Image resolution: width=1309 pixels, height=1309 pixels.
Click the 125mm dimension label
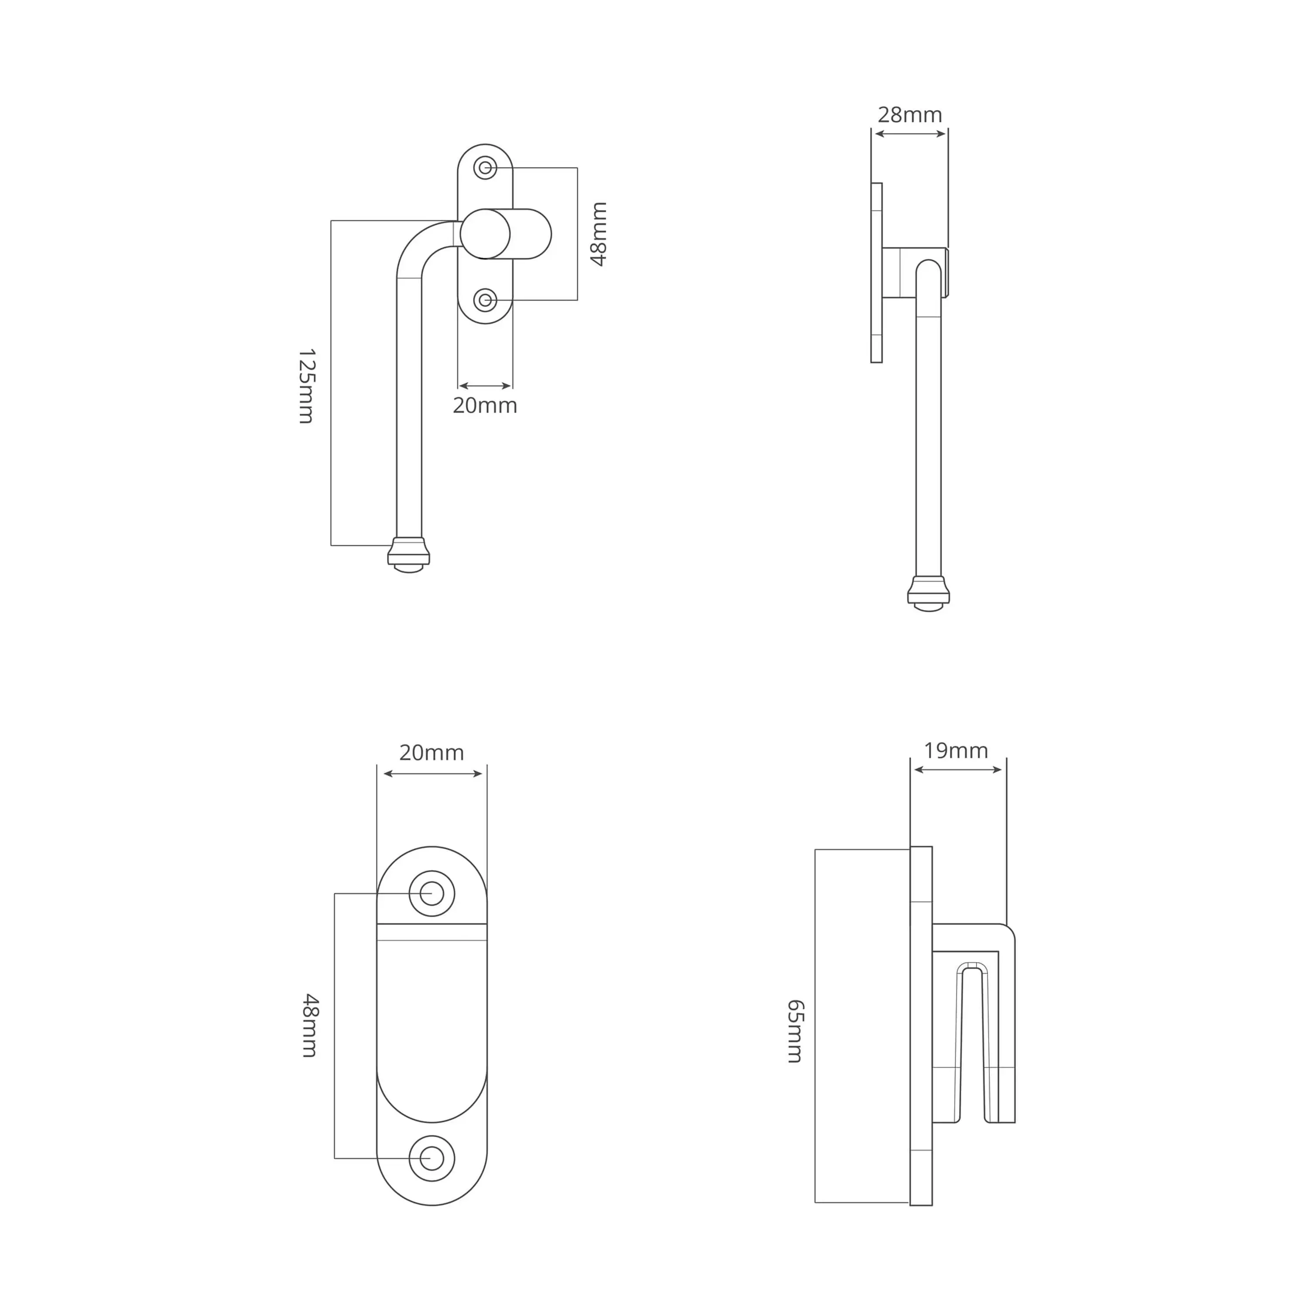307,386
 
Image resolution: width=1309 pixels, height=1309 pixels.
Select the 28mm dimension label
910,115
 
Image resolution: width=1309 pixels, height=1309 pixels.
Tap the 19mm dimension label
956,750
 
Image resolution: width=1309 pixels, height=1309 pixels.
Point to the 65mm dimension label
795,1031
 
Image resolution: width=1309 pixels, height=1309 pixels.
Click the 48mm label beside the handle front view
599,234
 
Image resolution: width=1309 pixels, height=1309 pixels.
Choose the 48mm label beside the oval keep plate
310,1026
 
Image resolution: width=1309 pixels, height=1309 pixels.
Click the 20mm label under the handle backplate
485,406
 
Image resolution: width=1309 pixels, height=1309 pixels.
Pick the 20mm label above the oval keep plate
432,753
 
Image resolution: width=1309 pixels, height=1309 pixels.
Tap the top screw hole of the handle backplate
485,168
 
